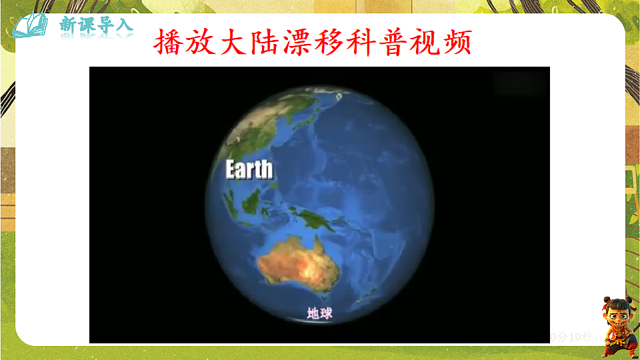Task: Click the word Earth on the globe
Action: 249,169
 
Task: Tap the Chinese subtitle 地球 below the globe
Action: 319,313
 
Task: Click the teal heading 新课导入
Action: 96,25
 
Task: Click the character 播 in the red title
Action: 167,43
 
